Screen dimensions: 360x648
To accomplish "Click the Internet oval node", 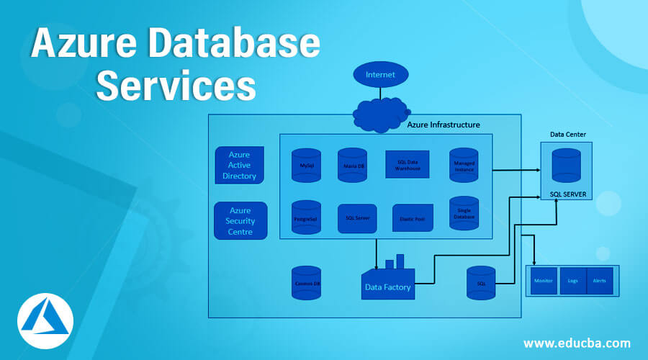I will (380, 75).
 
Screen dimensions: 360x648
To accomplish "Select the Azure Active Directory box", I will (239, 165).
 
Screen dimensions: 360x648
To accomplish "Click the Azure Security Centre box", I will (240, 220).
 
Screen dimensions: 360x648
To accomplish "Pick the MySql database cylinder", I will (306, 164).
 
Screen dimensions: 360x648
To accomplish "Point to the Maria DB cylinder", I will (352, 164).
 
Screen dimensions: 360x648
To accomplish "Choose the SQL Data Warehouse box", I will (408, 165).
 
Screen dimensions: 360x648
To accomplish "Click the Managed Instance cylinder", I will (464, 165).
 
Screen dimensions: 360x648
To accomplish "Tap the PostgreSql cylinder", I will (306, 217).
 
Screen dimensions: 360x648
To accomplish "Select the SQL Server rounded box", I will (357, 218).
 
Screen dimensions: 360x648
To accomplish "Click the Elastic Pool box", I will (412, 218).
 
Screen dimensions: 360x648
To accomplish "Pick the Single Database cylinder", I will (464, 213).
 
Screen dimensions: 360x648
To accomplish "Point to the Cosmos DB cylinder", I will (306, 283).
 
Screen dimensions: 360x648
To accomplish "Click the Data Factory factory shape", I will (388, 280).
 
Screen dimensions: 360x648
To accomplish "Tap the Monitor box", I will (544, 281).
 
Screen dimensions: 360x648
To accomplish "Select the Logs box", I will (572, 281).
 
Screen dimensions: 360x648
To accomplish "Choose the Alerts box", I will (599, 281).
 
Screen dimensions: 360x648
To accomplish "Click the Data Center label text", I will (568, 134).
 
